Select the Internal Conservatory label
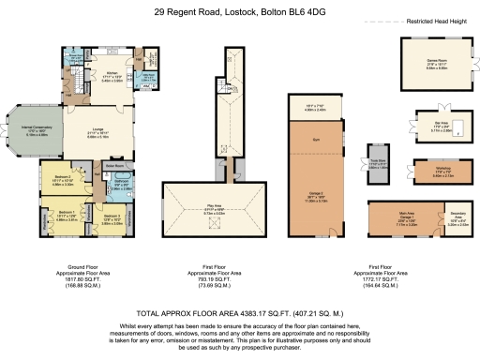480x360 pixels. [x=26, y=132]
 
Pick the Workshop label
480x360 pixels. [x=432, y=172]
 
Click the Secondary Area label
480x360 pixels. [x=456, y=221]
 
